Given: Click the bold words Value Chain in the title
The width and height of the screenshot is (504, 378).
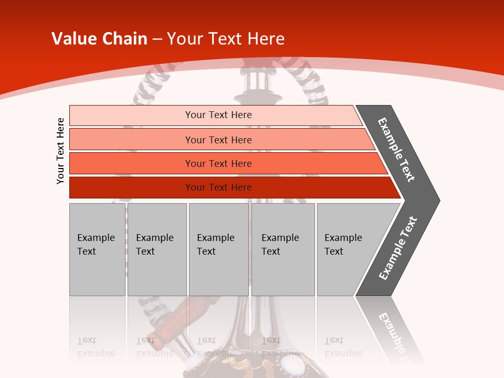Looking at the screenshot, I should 99,39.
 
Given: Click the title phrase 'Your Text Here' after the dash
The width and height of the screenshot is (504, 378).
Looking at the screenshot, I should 226,39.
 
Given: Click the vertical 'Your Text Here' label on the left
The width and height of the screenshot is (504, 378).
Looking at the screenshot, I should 60,151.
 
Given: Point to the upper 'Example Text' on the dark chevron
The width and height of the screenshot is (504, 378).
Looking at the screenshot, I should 396,150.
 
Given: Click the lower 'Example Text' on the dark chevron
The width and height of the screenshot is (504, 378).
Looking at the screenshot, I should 398,248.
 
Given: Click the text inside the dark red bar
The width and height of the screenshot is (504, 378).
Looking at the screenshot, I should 218,187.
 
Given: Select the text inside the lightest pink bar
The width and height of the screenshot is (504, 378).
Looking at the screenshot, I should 218,115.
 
